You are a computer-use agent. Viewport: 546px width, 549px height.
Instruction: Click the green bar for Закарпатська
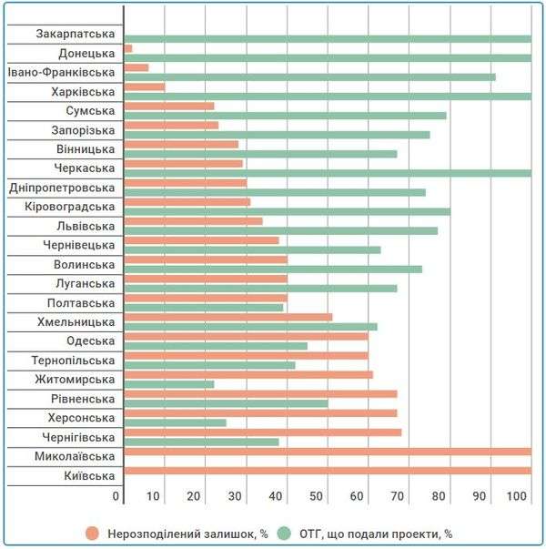[328, 38]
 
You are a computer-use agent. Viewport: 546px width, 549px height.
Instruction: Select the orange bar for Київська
[328, 471]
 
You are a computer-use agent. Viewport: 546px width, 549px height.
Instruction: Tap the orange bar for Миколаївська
[328, 452]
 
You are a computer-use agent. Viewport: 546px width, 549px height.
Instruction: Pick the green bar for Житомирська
[169, 384]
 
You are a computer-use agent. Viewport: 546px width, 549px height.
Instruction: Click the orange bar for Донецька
[128, 48]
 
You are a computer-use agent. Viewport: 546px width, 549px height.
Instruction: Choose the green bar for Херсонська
[176, 422]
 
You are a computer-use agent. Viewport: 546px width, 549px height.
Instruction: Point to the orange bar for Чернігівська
[263, 432]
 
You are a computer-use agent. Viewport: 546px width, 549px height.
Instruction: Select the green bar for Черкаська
[328, 173]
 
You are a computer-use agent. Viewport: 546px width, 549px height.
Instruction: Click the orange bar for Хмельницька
[228, 317]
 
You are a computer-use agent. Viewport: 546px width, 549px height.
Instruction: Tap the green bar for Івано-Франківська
[310, 76]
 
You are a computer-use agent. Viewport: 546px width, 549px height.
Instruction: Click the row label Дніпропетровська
[62, 188]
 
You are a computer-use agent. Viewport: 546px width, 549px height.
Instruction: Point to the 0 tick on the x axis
[116, 495]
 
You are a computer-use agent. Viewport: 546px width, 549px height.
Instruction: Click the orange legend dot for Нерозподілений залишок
[92, 534]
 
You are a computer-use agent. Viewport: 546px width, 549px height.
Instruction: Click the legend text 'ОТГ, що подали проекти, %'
[375, 534]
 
